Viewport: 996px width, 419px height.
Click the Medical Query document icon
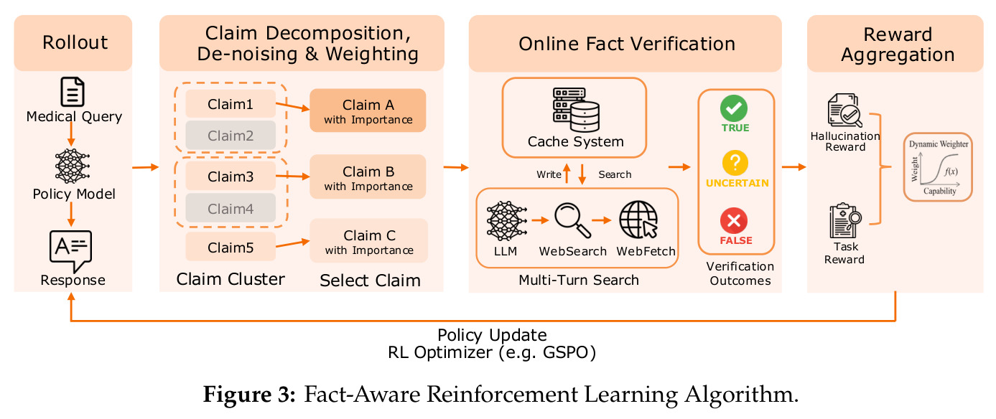pos(73,92)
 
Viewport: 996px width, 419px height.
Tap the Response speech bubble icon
pos(70,251)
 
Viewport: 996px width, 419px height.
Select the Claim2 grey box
pos(231,135)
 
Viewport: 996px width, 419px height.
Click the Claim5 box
pos(231,247)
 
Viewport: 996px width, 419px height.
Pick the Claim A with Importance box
pos(368,110)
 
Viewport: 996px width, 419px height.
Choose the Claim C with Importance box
pos(368,241)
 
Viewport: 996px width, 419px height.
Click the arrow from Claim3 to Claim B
pos(292,176)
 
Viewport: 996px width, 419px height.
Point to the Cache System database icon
pos(576,110)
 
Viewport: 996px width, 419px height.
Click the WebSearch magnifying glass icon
pos(573,220)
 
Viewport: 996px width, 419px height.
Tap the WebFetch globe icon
pos(638,220)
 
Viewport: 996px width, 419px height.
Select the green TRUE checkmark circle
pos(734,108)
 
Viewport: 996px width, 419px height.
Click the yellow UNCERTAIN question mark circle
pos(735,163)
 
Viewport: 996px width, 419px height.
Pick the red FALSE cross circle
pos(734,220)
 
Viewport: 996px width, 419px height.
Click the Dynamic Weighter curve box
pos(938,167)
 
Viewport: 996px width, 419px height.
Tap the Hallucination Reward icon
pos(844,110)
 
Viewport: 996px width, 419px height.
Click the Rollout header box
pos(73,43)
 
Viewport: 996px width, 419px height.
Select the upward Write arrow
pos(567,174)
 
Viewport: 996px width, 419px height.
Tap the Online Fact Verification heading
pos(626,44)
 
